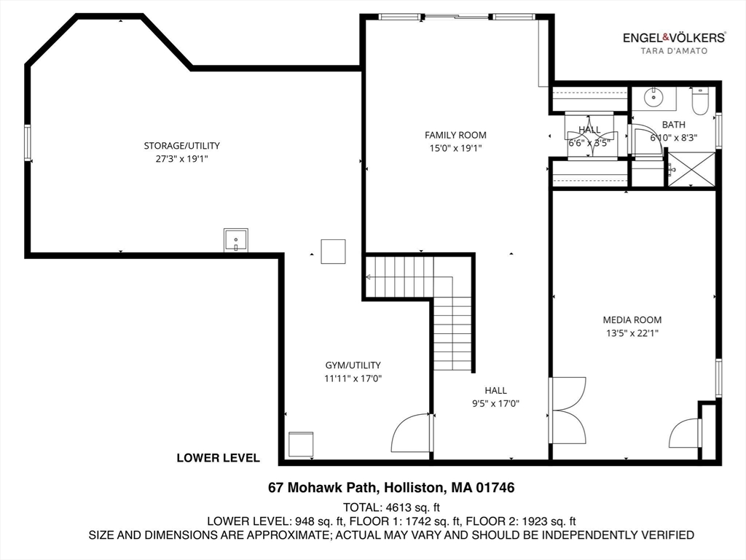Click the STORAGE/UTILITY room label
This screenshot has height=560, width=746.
[x=181, y=146]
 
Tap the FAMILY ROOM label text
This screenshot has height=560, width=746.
[x=455, y=135]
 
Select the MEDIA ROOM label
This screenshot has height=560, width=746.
[x=632, y=319]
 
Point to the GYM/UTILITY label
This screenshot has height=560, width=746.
[x=353, y=365]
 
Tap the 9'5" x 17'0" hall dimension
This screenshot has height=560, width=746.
[x=495, y=403]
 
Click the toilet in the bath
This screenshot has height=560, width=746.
[x=701, y=101]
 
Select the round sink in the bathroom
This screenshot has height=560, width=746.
[x=654, y=97]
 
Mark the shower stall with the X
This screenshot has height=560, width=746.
[x=691, y=169]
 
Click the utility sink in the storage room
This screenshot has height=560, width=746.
[x=235, y=240]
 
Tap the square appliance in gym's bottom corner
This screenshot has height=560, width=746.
[x=301, y=444]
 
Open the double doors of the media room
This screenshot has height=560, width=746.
[x=568, y=411]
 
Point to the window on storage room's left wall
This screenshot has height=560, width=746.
[x=28, y=142]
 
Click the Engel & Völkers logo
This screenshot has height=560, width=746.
[x=673, y=37]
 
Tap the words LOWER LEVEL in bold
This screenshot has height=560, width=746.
[x=218, y=458]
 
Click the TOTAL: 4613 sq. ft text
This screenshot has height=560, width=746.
[x=390, y=507]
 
